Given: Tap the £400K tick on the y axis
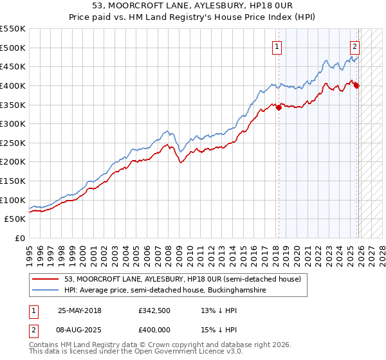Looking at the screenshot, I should [x=13, y=85].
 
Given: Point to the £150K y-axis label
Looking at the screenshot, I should [x=13, y=181].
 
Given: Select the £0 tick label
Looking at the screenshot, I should [x=19, y=238].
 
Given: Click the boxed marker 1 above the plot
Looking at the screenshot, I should [x=277, y=46].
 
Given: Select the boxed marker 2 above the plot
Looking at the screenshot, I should [x=354, y=46].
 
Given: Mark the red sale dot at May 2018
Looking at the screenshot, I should [x=279, y=107].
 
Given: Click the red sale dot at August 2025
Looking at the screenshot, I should [x=357, y=85].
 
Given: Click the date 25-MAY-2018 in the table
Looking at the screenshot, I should [x=79, y=310].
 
